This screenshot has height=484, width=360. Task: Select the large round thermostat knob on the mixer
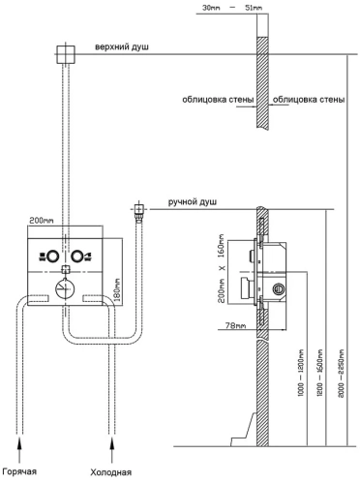pos(64,288)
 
